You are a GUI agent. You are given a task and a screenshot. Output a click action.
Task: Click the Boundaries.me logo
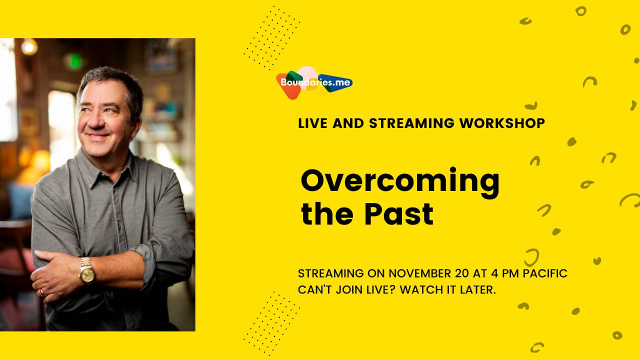point(314,82)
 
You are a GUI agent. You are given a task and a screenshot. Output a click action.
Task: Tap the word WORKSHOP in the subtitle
point(502,123)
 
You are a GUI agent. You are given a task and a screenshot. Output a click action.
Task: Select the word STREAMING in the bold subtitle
point(411,123)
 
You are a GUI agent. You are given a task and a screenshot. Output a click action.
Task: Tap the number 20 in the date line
point(461,273)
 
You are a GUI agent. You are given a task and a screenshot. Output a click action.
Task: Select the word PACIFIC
point(545,273)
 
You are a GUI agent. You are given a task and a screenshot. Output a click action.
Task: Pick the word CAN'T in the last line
point(314,289)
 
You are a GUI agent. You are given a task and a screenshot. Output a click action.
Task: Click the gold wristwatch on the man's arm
point(86,271)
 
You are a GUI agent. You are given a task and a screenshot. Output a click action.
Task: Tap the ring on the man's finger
point(41,292)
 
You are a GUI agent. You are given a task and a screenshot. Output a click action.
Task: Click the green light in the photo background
point(74,61)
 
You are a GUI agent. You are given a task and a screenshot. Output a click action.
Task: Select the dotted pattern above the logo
point(271,37)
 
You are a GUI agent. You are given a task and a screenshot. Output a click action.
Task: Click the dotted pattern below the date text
point(271,323)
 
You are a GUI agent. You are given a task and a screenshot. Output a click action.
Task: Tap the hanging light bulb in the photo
point(29,47)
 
